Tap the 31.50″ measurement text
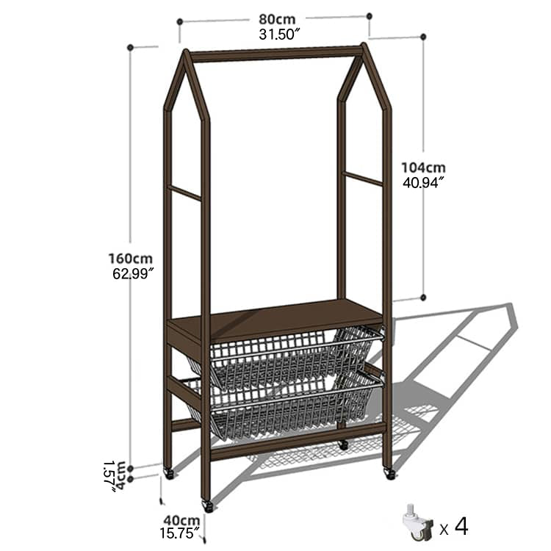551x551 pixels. click(276, 35)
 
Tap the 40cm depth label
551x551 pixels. click(181, 521)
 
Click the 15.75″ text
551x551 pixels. click(181, 534)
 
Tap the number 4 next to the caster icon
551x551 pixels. click(461, 525)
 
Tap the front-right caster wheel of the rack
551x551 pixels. click(389, 474)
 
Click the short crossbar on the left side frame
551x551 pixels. click(185, 192)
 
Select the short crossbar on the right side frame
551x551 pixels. click(364, 178)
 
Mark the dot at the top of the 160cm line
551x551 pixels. click(131, 47)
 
